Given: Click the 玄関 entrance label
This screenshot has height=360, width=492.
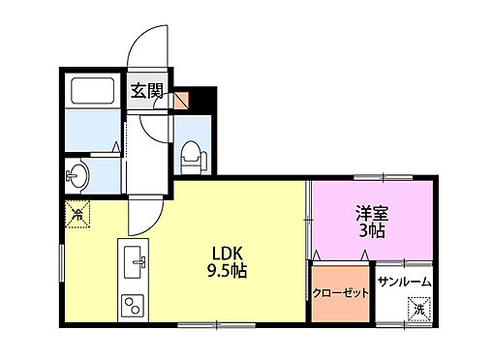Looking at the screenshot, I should [x=147, y=95].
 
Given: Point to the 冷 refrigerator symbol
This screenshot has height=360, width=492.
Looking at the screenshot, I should [x=75, y=211].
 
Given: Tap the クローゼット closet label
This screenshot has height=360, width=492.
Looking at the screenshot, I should [x=340, y=291].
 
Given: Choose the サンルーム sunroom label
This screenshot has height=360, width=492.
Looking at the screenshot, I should [x=404, y=283].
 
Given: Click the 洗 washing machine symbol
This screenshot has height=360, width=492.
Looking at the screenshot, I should [x=419, y=309].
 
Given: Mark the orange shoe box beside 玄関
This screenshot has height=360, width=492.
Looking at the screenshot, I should [x=179, y=99].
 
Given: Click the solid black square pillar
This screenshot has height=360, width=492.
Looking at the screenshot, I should [x=200, y=100].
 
